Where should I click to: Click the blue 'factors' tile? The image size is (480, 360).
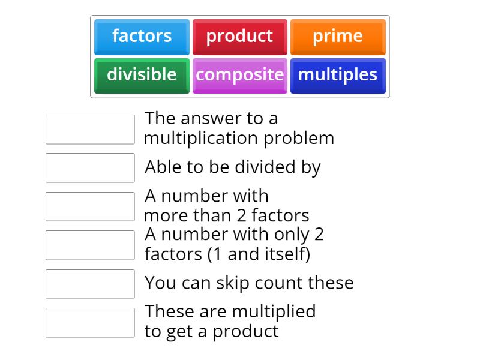[142, 37]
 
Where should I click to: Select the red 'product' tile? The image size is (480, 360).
[239, 37]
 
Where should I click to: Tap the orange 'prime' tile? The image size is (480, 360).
[338, 37]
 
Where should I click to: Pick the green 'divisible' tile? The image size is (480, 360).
[142, 75]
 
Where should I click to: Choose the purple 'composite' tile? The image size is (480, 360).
[239, 75]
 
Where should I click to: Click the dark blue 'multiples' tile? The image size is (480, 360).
[338, 75]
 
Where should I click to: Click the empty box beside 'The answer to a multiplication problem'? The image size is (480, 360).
[90, 129]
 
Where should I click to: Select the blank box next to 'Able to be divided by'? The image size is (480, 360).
[90, 167]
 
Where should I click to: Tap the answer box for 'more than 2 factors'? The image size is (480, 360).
[90, 206]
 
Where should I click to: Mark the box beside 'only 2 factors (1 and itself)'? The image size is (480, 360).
[90, 245]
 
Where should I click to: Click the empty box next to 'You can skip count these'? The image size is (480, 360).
[90, 284]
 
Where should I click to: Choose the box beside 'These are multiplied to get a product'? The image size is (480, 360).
[90, 322]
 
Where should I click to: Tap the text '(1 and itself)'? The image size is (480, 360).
[259, 254]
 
